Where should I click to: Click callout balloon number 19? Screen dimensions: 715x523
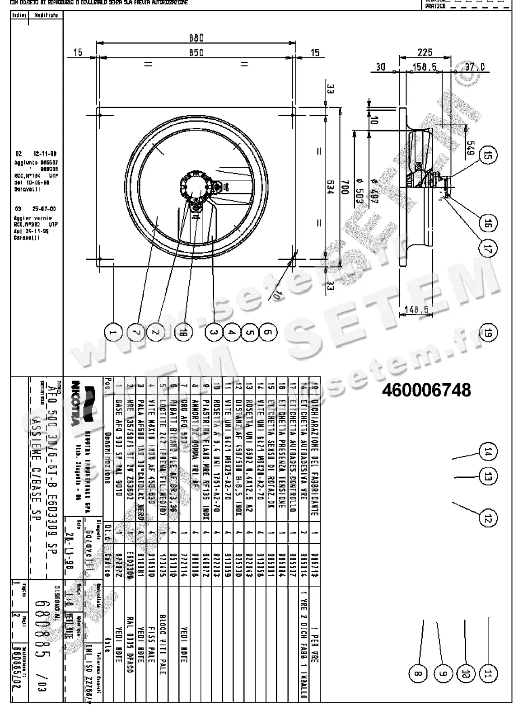[x=487, y=333]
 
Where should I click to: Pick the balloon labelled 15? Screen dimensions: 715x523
[x=487, y=156]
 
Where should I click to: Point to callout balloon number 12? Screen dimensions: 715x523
[x=487, y=518]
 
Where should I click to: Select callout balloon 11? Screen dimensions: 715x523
[x=487, y=674]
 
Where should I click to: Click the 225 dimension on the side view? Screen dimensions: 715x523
[x=425, y=52]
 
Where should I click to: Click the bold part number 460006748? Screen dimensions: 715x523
[x=426, y=390]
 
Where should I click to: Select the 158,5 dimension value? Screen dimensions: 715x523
[x=425, y=67]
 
